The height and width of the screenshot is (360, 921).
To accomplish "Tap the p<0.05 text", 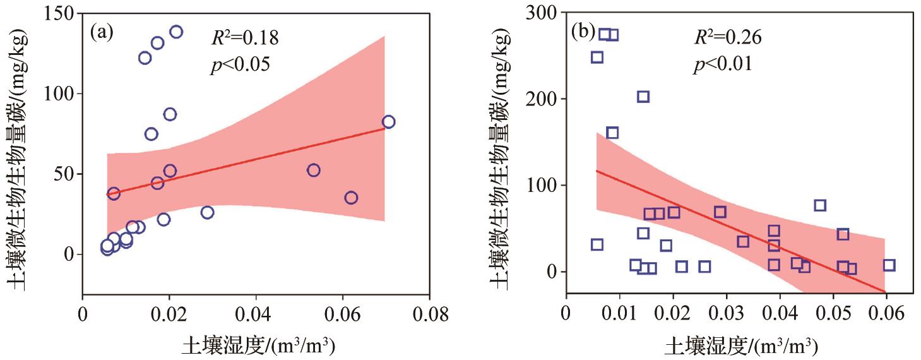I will (240, 65).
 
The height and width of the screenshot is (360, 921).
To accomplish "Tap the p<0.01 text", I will (723, 65).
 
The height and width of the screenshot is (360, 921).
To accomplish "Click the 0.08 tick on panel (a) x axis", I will (429, 315).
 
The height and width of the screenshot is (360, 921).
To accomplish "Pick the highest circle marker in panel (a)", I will (176, 32).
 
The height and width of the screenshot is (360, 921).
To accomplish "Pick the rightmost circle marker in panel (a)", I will (388, 122).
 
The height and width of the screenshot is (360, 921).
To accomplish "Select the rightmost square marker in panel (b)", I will (889, 265).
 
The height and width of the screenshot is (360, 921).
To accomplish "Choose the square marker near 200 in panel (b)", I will (643, 97).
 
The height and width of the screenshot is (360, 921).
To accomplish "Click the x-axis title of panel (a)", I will (258, 345).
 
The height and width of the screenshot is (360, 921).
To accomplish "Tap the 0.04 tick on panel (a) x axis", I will (256, 315).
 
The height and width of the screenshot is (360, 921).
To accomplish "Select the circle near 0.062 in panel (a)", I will (351, 198).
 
